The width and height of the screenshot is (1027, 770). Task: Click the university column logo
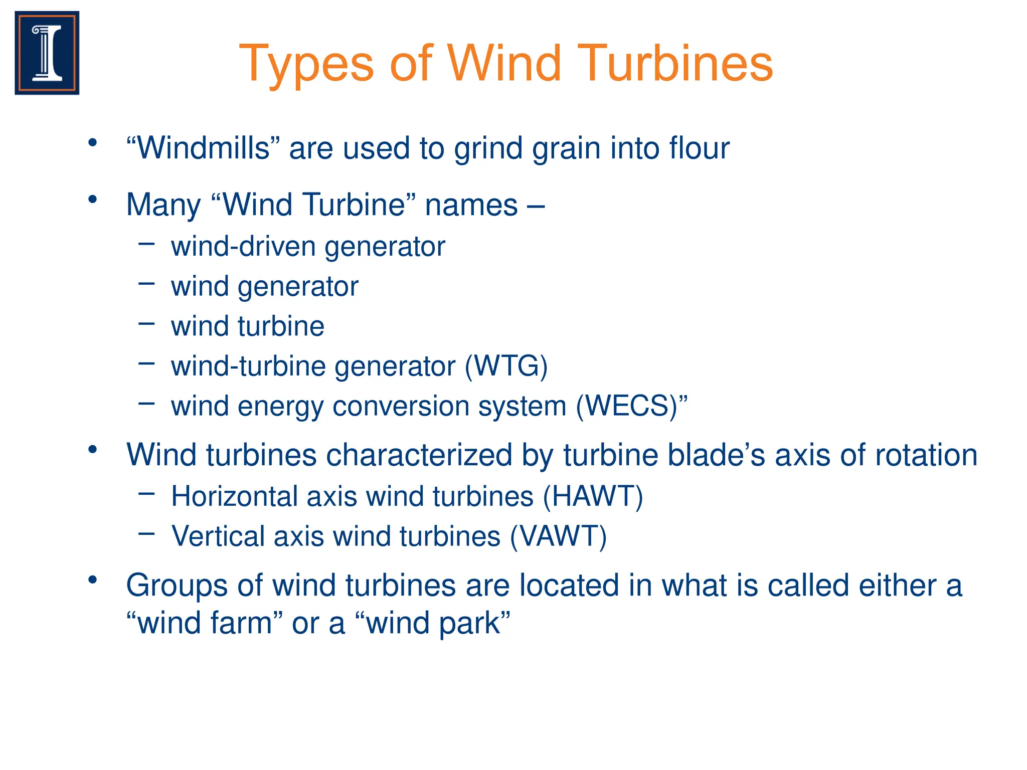[x=47, y=53]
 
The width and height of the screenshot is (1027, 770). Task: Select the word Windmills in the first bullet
[x=203, y=148]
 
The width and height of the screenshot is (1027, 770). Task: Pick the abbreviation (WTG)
[x=506, y=366]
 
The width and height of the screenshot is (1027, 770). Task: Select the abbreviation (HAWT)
[x=593, y=496]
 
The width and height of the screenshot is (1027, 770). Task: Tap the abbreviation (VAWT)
[x=559, y=536]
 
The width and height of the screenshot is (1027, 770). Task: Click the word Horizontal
[x=234, y=496]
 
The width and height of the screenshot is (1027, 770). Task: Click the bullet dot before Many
[x=92, y=200]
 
